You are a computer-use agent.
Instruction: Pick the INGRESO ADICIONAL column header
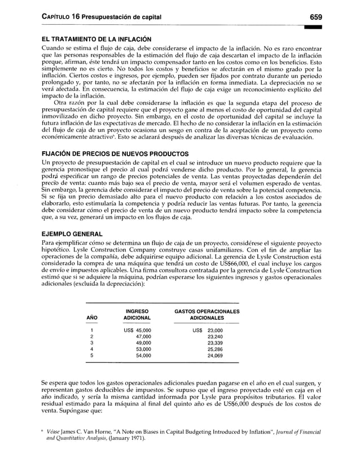[x=137, y=314]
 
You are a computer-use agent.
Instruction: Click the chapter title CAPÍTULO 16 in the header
[x=53, y=17]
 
